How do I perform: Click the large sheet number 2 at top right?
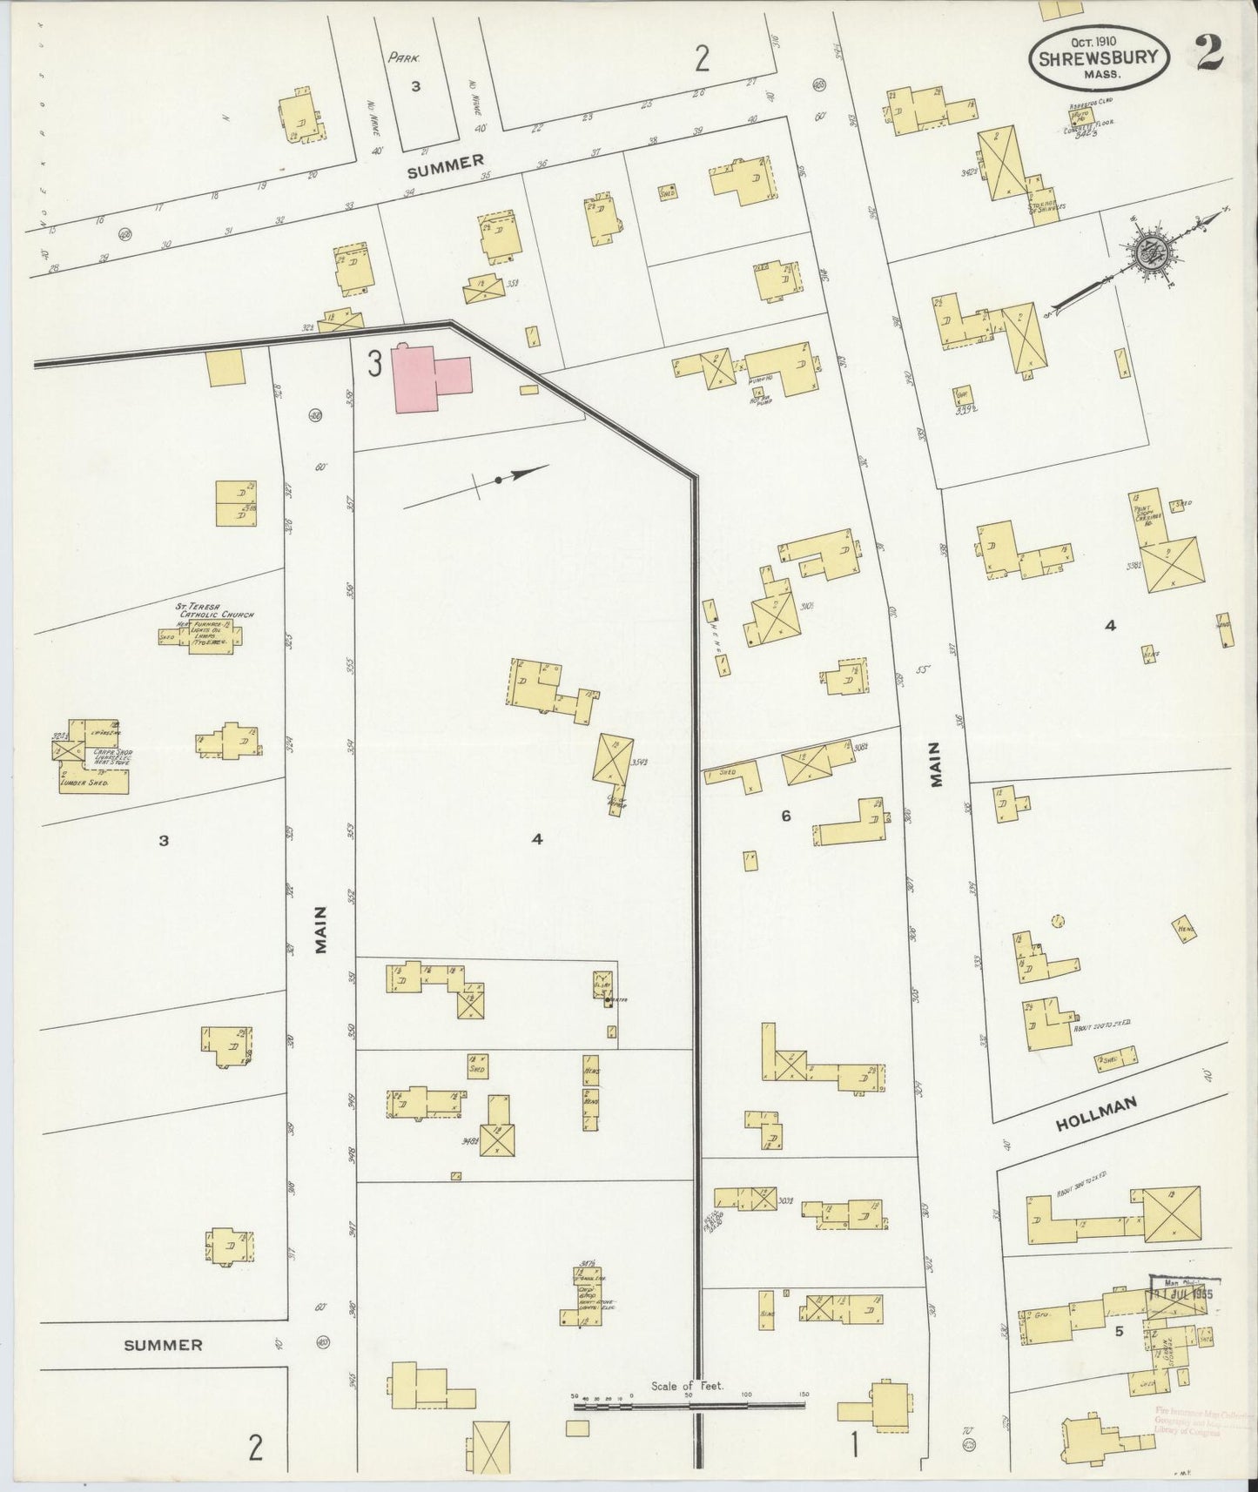point(1209,54)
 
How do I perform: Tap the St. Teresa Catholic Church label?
point(205,615)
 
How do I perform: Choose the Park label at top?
point(405,59)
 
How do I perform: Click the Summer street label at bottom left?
point(163,1369)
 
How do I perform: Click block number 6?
point(785,816)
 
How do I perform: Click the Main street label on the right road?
point(937,764)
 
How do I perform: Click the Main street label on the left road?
point(320,931)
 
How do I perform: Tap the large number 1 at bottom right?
point(855,1446)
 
